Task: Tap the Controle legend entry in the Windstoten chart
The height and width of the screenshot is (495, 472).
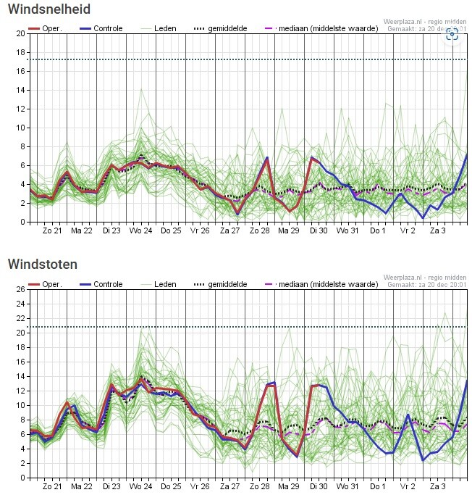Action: pos(102,284)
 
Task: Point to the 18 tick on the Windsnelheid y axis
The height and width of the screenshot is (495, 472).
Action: pos(20,52)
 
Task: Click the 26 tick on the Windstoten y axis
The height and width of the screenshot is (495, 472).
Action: pos(20,289)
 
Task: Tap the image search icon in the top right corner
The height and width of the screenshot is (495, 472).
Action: pos(452,33)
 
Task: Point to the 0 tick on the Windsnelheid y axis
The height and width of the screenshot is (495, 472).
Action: pos(22,222)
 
